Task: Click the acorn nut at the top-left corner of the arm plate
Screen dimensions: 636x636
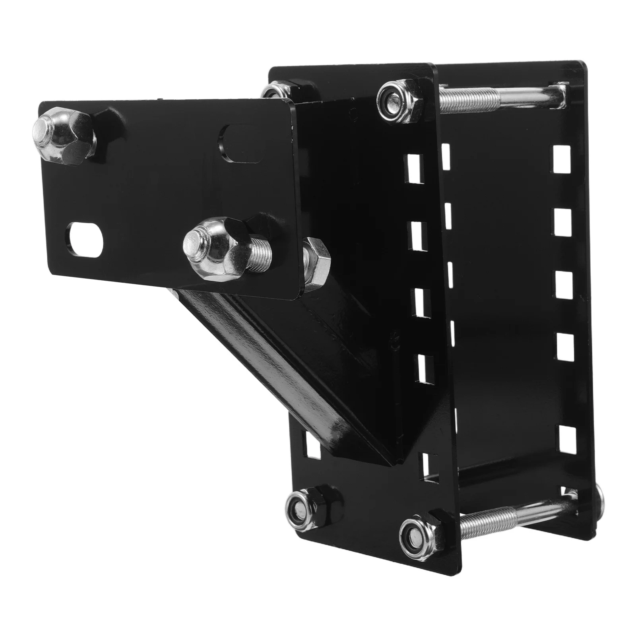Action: (64, 134)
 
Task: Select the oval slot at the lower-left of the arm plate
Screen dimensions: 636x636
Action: (85, 238)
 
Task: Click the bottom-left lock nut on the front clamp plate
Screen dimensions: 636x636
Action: (307, 505)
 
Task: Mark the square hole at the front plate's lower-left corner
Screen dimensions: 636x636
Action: (312, 444)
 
